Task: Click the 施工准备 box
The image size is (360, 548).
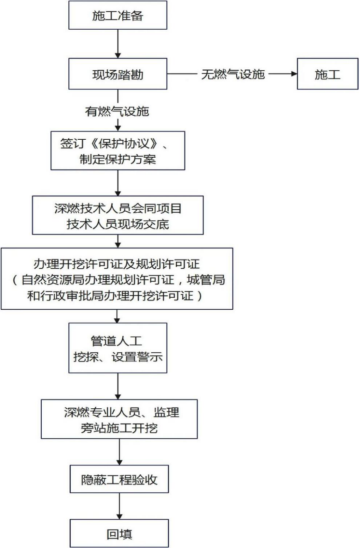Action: (x=118, y=15)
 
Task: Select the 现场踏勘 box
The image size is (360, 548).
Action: (x=118, y=74)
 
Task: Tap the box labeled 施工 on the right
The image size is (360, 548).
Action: (x=327, y=74)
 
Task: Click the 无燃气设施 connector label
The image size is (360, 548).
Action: (x=233, y=74)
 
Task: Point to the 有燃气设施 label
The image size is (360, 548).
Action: (x=117, y=111)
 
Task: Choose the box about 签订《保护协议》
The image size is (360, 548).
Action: (x=118, y=151)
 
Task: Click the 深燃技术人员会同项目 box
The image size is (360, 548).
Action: (x=118, y=215)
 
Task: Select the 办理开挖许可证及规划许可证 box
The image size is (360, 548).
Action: (x=117, y=279)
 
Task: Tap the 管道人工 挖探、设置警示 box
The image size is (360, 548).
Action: (x=118, y=348)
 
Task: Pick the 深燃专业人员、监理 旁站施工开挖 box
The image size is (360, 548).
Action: (x=119, y=419)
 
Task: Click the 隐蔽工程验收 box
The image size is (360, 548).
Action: (x=119, y=479)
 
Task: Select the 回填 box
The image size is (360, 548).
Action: (x=119, y=533)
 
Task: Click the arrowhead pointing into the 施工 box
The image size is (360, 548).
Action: (x=294, y=74)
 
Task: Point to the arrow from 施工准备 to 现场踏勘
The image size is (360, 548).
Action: (x=118, y=44)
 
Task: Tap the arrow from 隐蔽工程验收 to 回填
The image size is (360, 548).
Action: (x=119, y=506)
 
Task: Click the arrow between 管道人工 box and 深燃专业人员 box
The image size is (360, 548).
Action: (x=118, y=386)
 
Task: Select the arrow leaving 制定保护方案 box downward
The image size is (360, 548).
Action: (x=118, y=183)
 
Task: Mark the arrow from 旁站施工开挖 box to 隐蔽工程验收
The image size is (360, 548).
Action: (x=119, y=452)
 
